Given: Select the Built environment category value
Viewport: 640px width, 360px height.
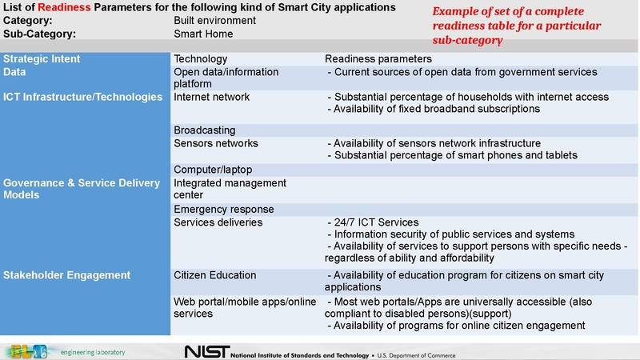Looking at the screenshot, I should click(214, 20).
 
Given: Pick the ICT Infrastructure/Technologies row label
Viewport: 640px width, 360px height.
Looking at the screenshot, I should click(82, 97).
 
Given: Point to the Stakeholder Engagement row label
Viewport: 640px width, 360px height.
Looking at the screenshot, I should click(66, 275).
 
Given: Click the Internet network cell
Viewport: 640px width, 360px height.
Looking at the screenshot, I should click(211, 97).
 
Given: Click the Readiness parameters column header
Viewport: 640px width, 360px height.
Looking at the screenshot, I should click(378, 58).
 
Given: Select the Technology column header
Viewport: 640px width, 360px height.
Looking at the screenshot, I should click(200, 58).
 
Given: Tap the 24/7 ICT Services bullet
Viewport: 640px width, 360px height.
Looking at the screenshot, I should click(374, 222).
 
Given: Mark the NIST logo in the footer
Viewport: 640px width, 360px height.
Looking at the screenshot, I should click(206, 352).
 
